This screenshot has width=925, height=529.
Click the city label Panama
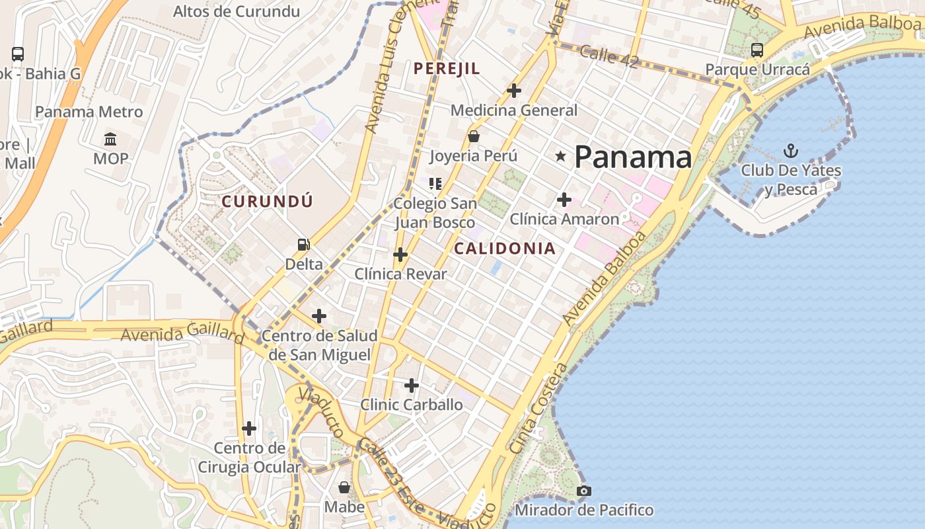pyautogui.click(x=633, y=157)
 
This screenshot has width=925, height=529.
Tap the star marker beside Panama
pyautogui.click(x=561, y=156)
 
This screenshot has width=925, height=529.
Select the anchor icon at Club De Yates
pyautogui.click(x=790, y=151)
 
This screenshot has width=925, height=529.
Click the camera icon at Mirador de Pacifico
pyautogui.click(x=583, y=491)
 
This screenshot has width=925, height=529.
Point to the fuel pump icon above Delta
pyautogui.click(x=303, y=245)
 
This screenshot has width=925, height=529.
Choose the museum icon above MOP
pyautogui.click(x=110, y=140)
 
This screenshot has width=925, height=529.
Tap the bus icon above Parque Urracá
pyautogui.click(x=757, y=50)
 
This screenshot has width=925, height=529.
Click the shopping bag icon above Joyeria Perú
pyautogui.click(x=473, y=137)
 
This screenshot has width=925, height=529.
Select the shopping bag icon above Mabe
pyautogui.click(x=344, y=487)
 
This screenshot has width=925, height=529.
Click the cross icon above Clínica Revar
pyautogui.click(x=400, y=254)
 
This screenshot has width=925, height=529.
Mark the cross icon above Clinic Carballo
pyautogui.click(x=411, y=385)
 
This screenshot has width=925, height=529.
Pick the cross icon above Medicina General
pyautogui.click(x=513, y=90)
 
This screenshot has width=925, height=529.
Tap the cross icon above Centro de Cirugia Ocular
pyautogui.click(x=248, y=428)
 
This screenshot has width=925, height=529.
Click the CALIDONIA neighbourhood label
pyautogui.click(x=505, y=249)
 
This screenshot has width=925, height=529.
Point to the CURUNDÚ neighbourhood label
pyautogui.click(x=267, y=201)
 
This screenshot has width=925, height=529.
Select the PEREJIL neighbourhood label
pyautogui.click(x=447, y=68)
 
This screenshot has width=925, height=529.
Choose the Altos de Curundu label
pyautogui.click(x=237, y=11)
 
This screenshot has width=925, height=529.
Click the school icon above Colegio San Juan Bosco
pyautogui.click(x=435, y=183)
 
